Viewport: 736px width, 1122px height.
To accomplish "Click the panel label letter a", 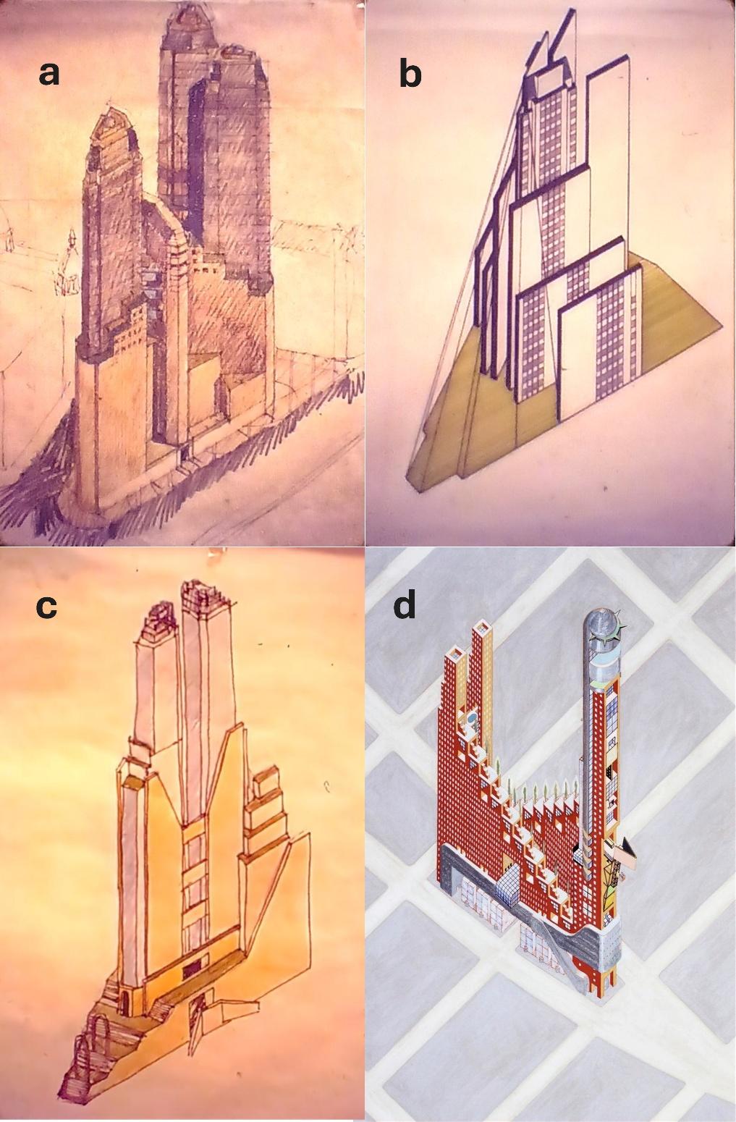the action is pyautogui.click(x=49, y=75).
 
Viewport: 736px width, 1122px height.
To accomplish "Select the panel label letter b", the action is pyautogui.click(x=410, y=72).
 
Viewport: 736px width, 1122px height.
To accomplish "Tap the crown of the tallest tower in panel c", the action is pyautogui.click(x=207, y=593).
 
